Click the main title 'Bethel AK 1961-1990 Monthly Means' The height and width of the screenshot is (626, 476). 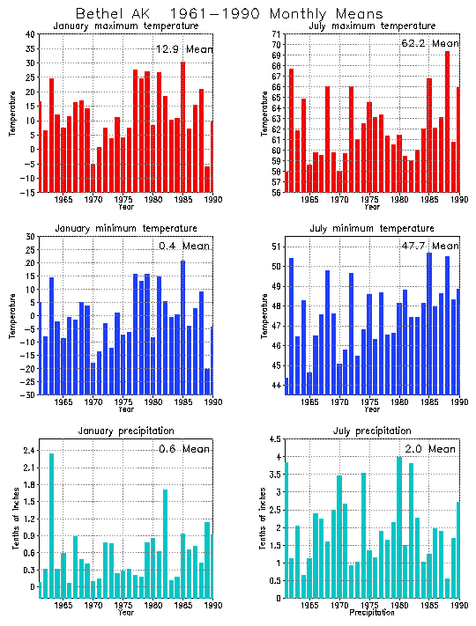[x=229, y=14]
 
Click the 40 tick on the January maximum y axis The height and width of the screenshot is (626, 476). [x=30, y=34]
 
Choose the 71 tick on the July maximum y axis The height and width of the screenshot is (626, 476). [x=277, y=34]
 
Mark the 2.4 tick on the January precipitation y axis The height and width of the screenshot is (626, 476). [x=28, y=450]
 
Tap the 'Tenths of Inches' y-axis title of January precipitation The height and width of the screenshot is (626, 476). [x=15, y=519]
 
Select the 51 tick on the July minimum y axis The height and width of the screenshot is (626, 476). [x=277, y=247]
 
